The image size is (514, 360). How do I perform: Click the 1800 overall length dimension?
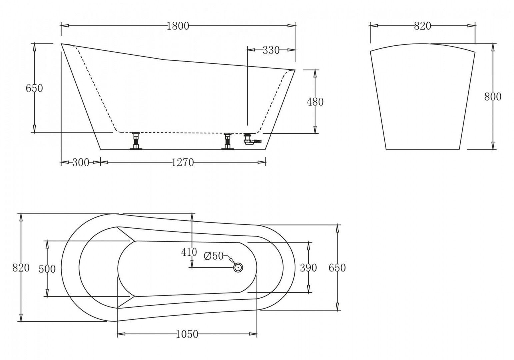click(x=178, y=26)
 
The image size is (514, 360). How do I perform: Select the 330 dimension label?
click(x=271, y=50)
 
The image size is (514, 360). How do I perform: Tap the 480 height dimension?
click(x=315, y=102)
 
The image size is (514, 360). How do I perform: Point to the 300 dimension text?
click(x=81, y=162)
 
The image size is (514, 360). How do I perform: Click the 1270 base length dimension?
click(x=182, y=162)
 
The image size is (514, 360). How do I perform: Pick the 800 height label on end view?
click(x=492, y=97)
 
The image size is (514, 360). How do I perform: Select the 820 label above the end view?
click(x=422, y=26)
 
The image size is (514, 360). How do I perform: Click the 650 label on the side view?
click(x=34, y=88)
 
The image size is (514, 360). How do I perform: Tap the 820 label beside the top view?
click(x=21, y=268)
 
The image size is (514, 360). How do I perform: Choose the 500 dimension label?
click(x=47, y=269)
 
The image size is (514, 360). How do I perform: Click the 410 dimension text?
click(x=189, y=252)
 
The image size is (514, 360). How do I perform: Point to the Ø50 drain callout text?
click(x=214, y=256)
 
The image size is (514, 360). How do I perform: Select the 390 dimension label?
click(x=308, y=268)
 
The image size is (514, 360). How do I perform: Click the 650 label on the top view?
click(x=337, y=268)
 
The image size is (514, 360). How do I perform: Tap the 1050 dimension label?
click(x=187, y=334)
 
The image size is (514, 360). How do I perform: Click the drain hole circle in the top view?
click(x=238, y=267)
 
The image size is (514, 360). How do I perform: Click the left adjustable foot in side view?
click(x=136, y=141)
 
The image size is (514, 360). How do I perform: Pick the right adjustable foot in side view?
click(x=228, y=141)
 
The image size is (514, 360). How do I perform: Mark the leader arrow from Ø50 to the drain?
click(x=230, y=260)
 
